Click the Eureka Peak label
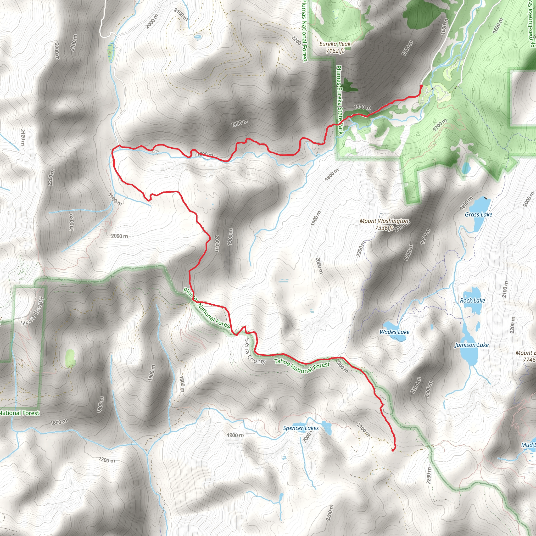(334, 44)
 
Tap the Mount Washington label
(384, 221)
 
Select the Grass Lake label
(478, 214)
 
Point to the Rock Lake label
(472, 300)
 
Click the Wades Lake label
(394, 332)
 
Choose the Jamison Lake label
(471, 345)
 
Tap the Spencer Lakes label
(301, 428)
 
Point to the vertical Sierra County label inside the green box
(33, 311)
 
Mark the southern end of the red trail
(393, 450)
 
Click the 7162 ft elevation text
(334, 51)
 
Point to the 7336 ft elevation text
(384, 228)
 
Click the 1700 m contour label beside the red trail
(362, 107)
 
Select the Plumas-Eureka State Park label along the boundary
(339, 100)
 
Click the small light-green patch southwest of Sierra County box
(70, 358)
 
